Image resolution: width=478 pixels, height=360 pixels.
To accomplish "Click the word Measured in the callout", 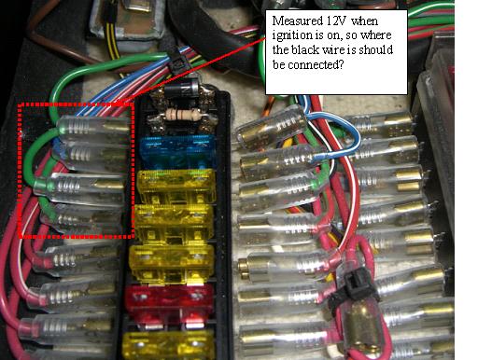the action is coord(297,21).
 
